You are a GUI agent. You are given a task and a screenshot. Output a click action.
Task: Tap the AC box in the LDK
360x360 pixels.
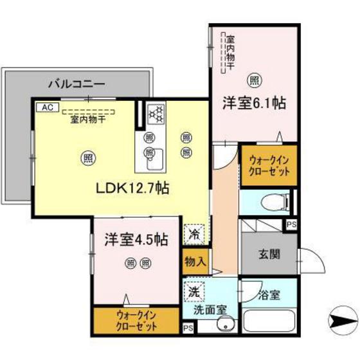tap(47, 107)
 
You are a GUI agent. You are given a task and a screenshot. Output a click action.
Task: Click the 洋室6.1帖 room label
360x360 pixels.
tap(255, 102)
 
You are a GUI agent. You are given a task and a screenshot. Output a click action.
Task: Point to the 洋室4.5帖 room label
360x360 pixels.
tap(137, 240)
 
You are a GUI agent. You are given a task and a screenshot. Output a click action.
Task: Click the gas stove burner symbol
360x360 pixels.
tap(156, 114)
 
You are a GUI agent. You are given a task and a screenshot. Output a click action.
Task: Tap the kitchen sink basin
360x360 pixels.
tap(156, 161)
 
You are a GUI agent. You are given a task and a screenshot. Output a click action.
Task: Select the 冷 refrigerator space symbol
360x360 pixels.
tap(193, 234)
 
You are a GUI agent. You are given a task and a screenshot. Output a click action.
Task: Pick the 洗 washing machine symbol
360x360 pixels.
tap(194, 291)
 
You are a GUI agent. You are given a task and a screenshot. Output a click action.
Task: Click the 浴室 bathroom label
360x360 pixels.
tap(269, 296)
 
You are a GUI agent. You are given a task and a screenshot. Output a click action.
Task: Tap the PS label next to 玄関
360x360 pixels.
tap(291, 225)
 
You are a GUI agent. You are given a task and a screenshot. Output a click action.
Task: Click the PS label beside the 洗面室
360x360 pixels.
tap(188, 328)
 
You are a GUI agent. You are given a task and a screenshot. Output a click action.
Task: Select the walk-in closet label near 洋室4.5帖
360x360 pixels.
tap(136, 319)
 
